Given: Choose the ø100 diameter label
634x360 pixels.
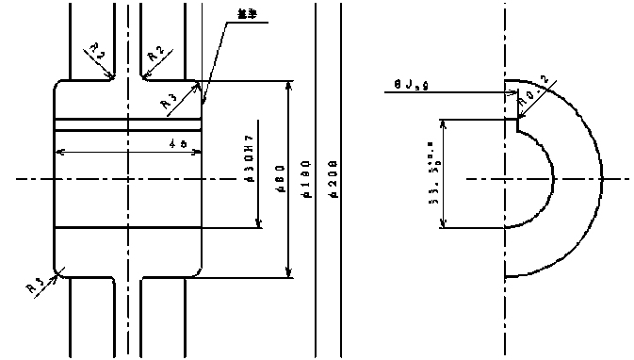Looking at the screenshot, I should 304,182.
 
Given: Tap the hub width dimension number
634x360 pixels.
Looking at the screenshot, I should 176,144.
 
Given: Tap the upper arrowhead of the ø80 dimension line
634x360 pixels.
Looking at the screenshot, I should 288,85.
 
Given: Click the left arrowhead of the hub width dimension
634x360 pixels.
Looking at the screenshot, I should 59,152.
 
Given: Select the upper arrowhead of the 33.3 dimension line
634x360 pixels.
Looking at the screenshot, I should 444,123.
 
